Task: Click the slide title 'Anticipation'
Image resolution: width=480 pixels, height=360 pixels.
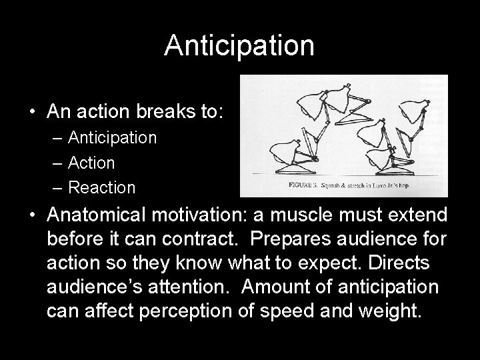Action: click(239, 46)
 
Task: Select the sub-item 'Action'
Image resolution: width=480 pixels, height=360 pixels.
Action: click(91, 163)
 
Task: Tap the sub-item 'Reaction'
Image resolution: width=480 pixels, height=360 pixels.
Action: click(101, 188)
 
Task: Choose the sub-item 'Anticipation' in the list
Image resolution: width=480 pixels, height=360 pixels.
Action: click(112, 138)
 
